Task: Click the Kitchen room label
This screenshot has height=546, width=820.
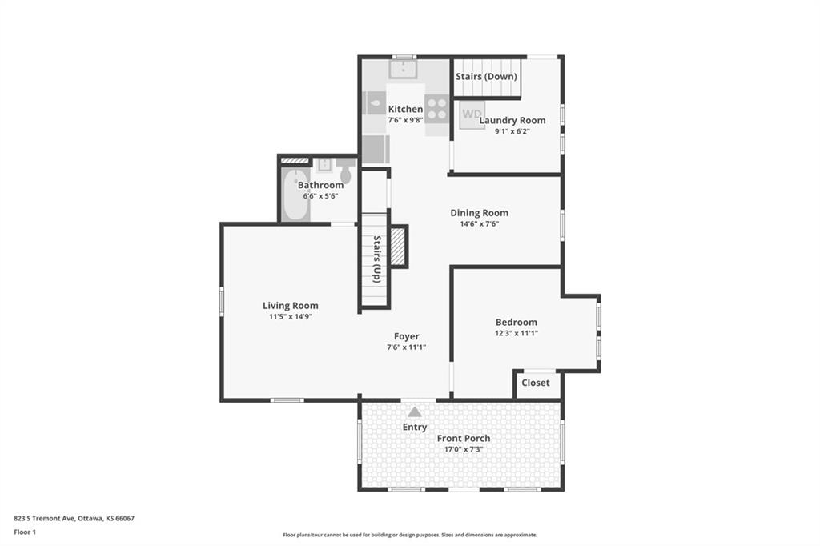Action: [x=405, y=109]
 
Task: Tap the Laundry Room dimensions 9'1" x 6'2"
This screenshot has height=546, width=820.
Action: [x=512, y=131]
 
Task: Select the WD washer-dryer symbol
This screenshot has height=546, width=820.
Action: [x=472, y=114]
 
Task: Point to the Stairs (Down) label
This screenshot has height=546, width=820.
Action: [x=487, y=77]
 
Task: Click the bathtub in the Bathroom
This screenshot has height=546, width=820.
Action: [x=295, y=195]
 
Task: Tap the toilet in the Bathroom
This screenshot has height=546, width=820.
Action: [x=346, y=171]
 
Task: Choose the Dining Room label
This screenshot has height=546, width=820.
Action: [x=479, y=213]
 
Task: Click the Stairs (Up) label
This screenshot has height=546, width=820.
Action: [x=376, y=259]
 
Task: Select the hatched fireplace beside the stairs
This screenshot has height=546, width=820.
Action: [x=399, y=246]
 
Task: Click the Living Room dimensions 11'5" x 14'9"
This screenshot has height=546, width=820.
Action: [x=290, y=316]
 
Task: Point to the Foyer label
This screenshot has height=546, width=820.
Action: [x=406, y=336]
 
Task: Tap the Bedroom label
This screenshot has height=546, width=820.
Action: [x=516, y=322]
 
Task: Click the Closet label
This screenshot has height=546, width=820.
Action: [x=536, y=383]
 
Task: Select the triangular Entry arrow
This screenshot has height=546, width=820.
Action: [x=415, y=412]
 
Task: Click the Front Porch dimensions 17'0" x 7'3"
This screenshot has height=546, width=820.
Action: [x=463, y=449]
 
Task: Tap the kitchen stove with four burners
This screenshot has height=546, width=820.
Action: [x=436, y=109]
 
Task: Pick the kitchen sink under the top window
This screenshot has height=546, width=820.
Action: [x=404, y=69]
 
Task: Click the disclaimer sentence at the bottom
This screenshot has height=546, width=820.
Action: [x=409, y=535]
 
